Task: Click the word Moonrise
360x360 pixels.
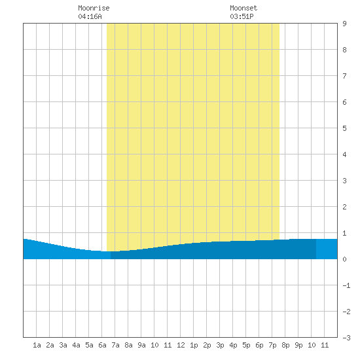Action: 94,8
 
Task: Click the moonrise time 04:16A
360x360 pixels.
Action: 90,16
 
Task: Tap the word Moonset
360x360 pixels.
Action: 243,8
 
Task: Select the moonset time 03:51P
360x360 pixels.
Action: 242,16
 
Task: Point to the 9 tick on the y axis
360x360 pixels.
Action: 344,24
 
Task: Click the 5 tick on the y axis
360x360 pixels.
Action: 344,128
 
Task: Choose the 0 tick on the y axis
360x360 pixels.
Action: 344,259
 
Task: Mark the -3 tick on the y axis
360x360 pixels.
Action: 346,338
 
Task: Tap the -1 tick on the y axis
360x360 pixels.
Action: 346,285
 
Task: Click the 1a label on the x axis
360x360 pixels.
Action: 37,345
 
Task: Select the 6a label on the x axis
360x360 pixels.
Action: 102,345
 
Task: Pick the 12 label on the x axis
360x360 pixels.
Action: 181,345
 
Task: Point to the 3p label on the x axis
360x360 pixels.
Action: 220,345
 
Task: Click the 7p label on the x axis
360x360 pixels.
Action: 272,345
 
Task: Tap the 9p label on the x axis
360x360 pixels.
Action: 298,345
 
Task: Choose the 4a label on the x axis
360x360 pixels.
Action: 76,345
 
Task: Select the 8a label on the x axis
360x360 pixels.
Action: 128,345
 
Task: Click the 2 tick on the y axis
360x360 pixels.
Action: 344,207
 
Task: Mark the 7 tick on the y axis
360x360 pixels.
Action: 344,76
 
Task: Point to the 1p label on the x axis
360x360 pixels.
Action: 194,345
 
